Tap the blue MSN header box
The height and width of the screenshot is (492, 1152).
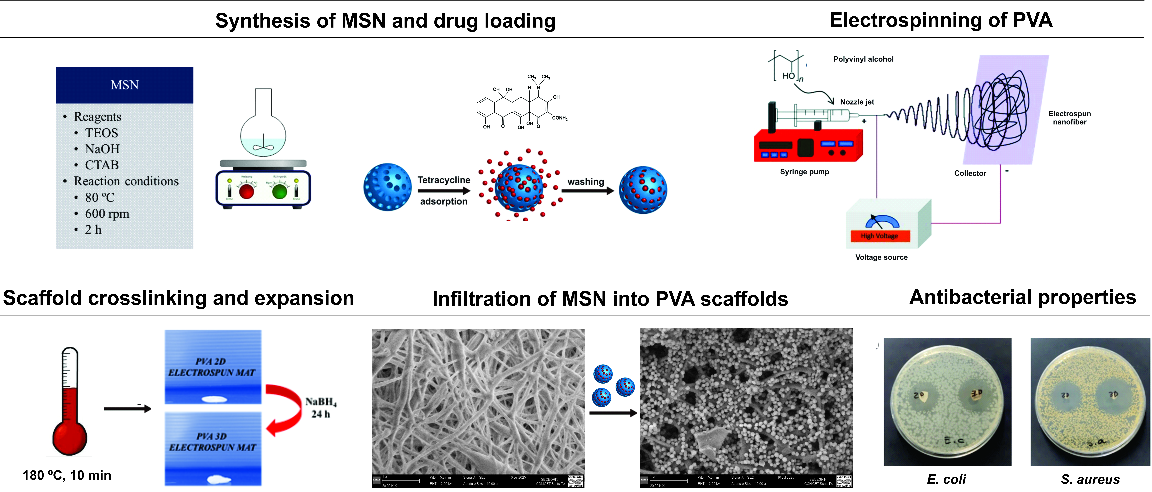(x=124, y=85)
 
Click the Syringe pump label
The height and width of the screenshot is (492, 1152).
(x=804, y=172)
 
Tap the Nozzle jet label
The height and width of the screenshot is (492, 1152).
(x=857, y=102)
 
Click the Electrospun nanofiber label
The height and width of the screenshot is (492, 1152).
(x=1069, y=118)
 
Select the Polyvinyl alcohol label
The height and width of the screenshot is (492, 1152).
(x=863, y=59)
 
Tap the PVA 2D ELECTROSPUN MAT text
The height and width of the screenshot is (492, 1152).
(x=211, y=367)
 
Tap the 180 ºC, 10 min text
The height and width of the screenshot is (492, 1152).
(x=67, y=475)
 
